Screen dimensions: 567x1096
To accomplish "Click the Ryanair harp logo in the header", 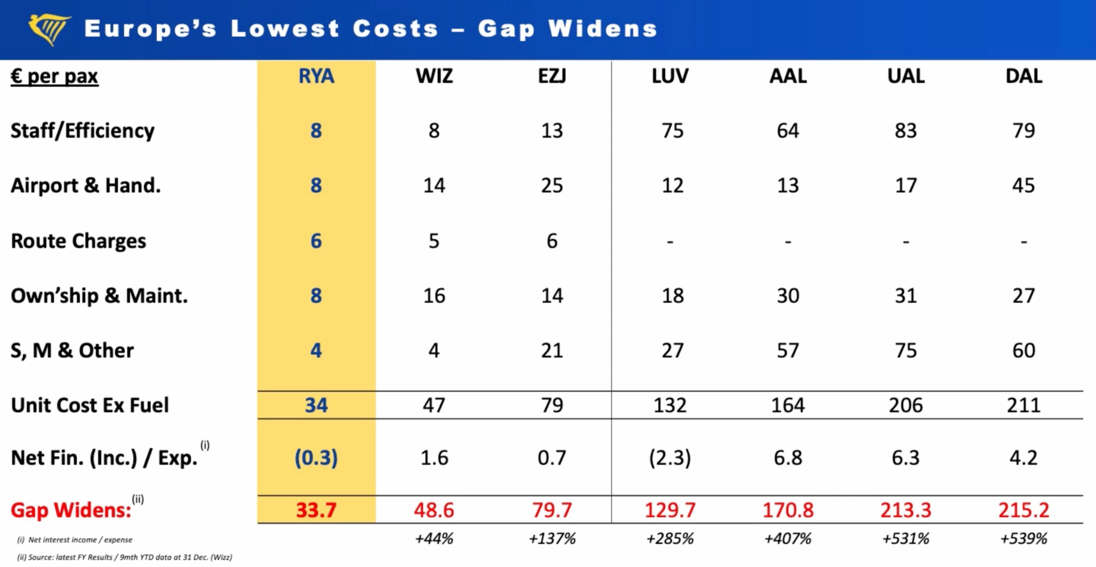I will pos(48,29).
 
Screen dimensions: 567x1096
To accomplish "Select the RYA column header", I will pos(316,76).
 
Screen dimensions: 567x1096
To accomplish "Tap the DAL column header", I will pos(1024,76).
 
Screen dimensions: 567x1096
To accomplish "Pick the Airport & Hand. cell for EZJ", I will pos(552,186).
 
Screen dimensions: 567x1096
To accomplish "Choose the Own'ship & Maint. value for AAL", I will pos(788,296).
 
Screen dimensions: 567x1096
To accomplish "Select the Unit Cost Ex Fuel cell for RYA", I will pos(316,405).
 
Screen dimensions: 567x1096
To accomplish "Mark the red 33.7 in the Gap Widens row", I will pos(316,510).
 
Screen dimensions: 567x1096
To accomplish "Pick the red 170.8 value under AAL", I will pos(788,510).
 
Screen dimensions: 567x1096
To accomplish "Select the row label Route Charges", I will pos(78,241).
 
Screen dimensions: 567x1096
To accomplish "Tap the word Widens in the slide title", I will pos(602,29).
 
